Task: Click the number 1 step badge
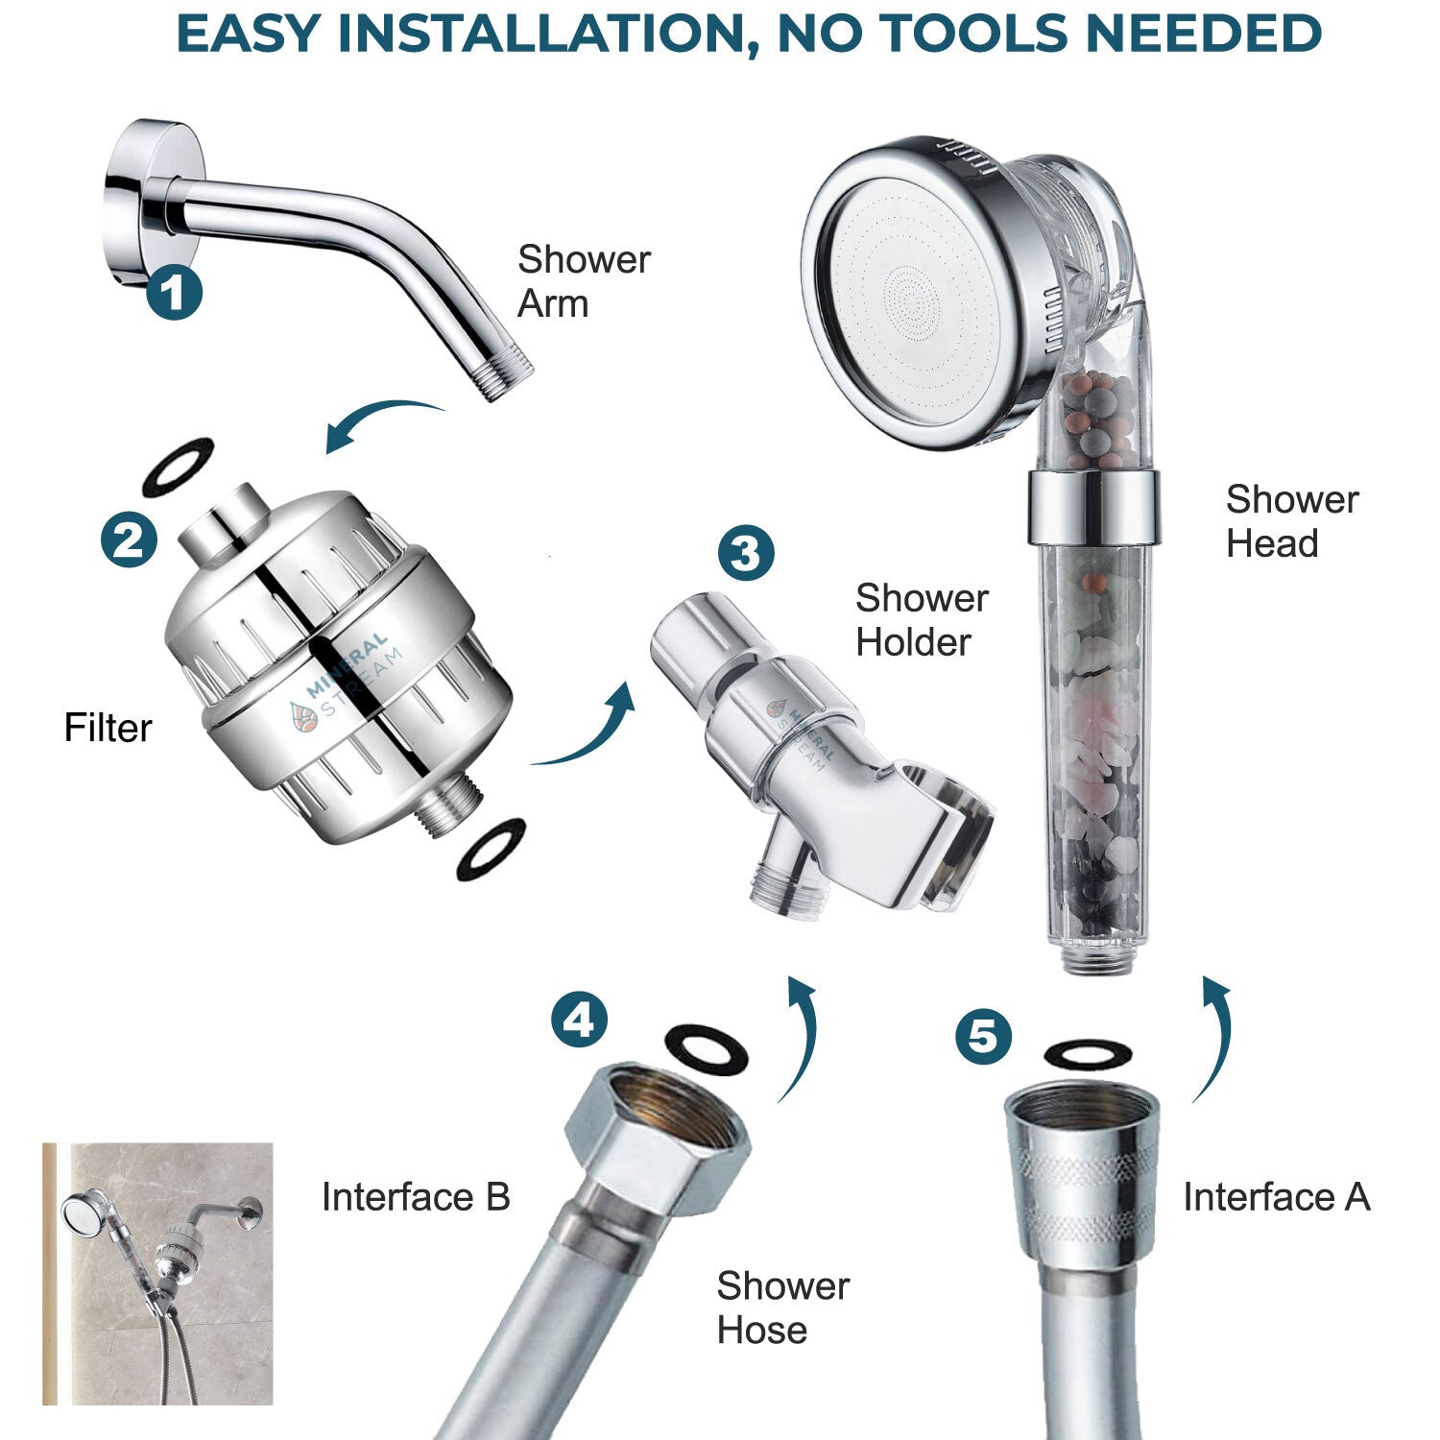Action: [x=174, y=293]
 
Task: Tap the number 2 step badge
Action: [x=130, y=540]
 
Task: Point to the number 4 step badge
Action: [x=579, y=1020]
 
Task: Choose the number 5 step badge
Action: [x=983, y=1037]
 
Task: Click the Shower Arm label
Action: [x=583, y=281]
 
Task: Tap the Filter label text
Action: [x=108, y=728]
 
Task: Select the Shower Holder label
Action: [x=921, y=620]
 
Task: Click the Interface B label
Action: [x=415, y=1197]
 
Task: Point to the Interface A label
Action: [x=1276, y=1197]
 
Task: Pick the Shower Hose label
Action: [x=782, y=1308]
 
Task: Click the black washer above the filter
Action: [x=178, y=467]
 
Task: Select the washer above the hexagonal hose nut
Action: [x=707, y=1049]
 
